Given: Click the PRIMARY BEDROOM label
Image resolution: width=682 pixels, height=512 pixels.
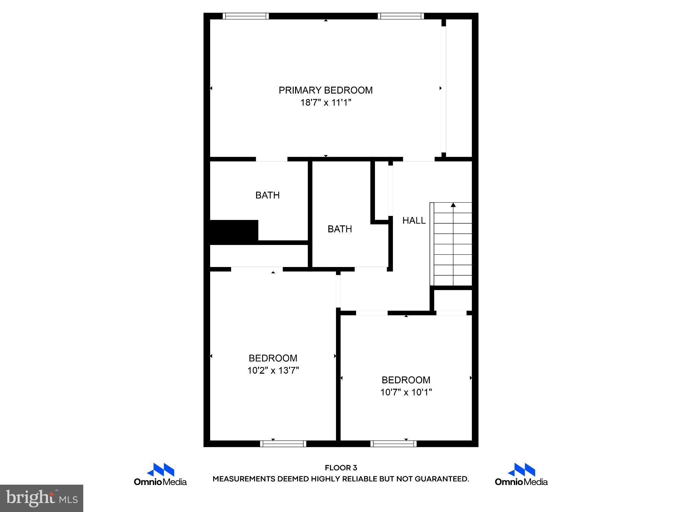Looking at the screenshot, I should click(325, 90).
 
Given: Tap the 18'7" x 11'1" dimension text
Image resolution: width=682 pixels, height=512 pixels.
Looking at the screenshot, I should click(326, 103).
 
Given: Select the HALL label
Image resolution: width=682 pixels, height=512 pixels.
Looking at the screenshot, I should click(414, 220).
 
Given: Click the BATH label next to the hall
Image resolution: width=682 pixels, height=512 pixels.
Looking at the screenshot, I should click(340, 229).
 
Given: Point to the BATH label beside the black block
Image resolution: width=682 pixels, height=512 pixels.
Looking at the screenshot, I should click(267, 195).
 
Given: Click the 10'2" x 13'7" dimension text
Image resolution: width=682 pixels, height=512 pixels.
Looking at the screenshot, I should click(273, 371).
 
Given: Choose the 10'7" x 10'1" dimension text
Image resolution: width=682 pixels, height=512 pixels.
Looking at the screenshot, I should click(406, 392).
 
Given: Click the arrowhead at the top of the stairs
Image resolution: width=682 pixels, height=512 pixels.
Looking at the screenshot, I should click(453, 205).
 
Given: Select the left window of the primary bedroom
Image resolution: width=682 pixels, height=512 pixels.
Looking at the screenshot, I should click(246, 16).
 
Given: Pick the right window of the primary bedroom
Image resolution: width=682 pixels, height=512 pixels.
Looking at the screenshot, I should click(401, 16).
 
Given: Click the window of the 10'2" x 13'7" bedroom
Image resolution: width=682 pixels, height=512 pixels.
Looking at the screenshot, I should click(283, 444).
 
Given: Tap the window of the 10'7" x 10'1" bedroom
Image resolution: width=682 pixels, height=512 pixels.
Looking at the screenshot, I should click(393, 444).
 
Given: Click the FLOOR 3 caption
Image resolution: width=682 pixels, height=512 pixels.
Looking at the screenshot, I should click(341, 468).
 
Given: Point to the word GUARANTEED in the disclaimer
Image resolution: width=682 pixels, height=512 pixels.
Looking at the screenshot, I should click(442, 479).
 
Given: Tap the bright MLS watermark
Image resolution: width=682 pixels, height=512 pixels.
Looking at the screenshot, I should click(42, 498).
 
